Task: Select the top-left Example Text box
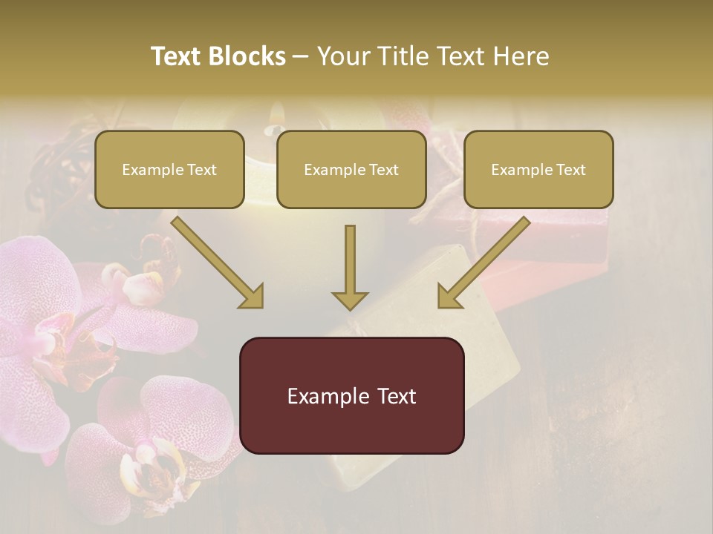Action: point(169,169)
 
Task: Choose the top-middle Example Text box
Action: point(351,169)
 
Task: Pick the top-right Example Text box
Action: point(538,169)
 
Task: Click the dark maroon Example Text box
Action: point(351,395)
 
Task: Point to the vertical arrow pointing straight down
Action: point(350,267)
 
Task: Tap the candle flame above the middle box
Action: point(276,113)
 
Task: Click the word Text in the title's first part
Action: point(178,56)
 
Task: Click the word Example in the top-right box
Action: point(518,170)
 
